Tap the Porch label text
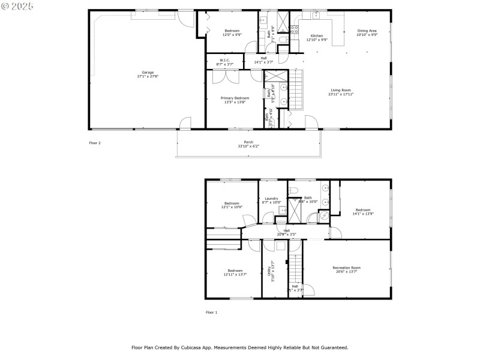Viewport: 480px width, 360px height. (244, 142)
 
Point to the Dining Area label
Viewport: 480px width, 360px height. (367, 31)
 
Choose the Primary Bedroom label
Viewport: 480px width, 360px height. (235, 98)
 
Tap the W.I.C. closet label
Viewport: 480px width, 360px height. (224, 60)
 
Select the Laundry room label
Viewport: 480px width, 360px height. (271, 198)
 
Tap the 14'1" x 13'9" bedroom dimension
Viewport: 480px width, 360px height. (363, 214)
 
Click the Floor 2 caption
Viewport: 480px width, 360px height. (95, 143)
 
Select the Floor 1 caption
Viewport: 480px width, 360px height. (211, 312)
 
